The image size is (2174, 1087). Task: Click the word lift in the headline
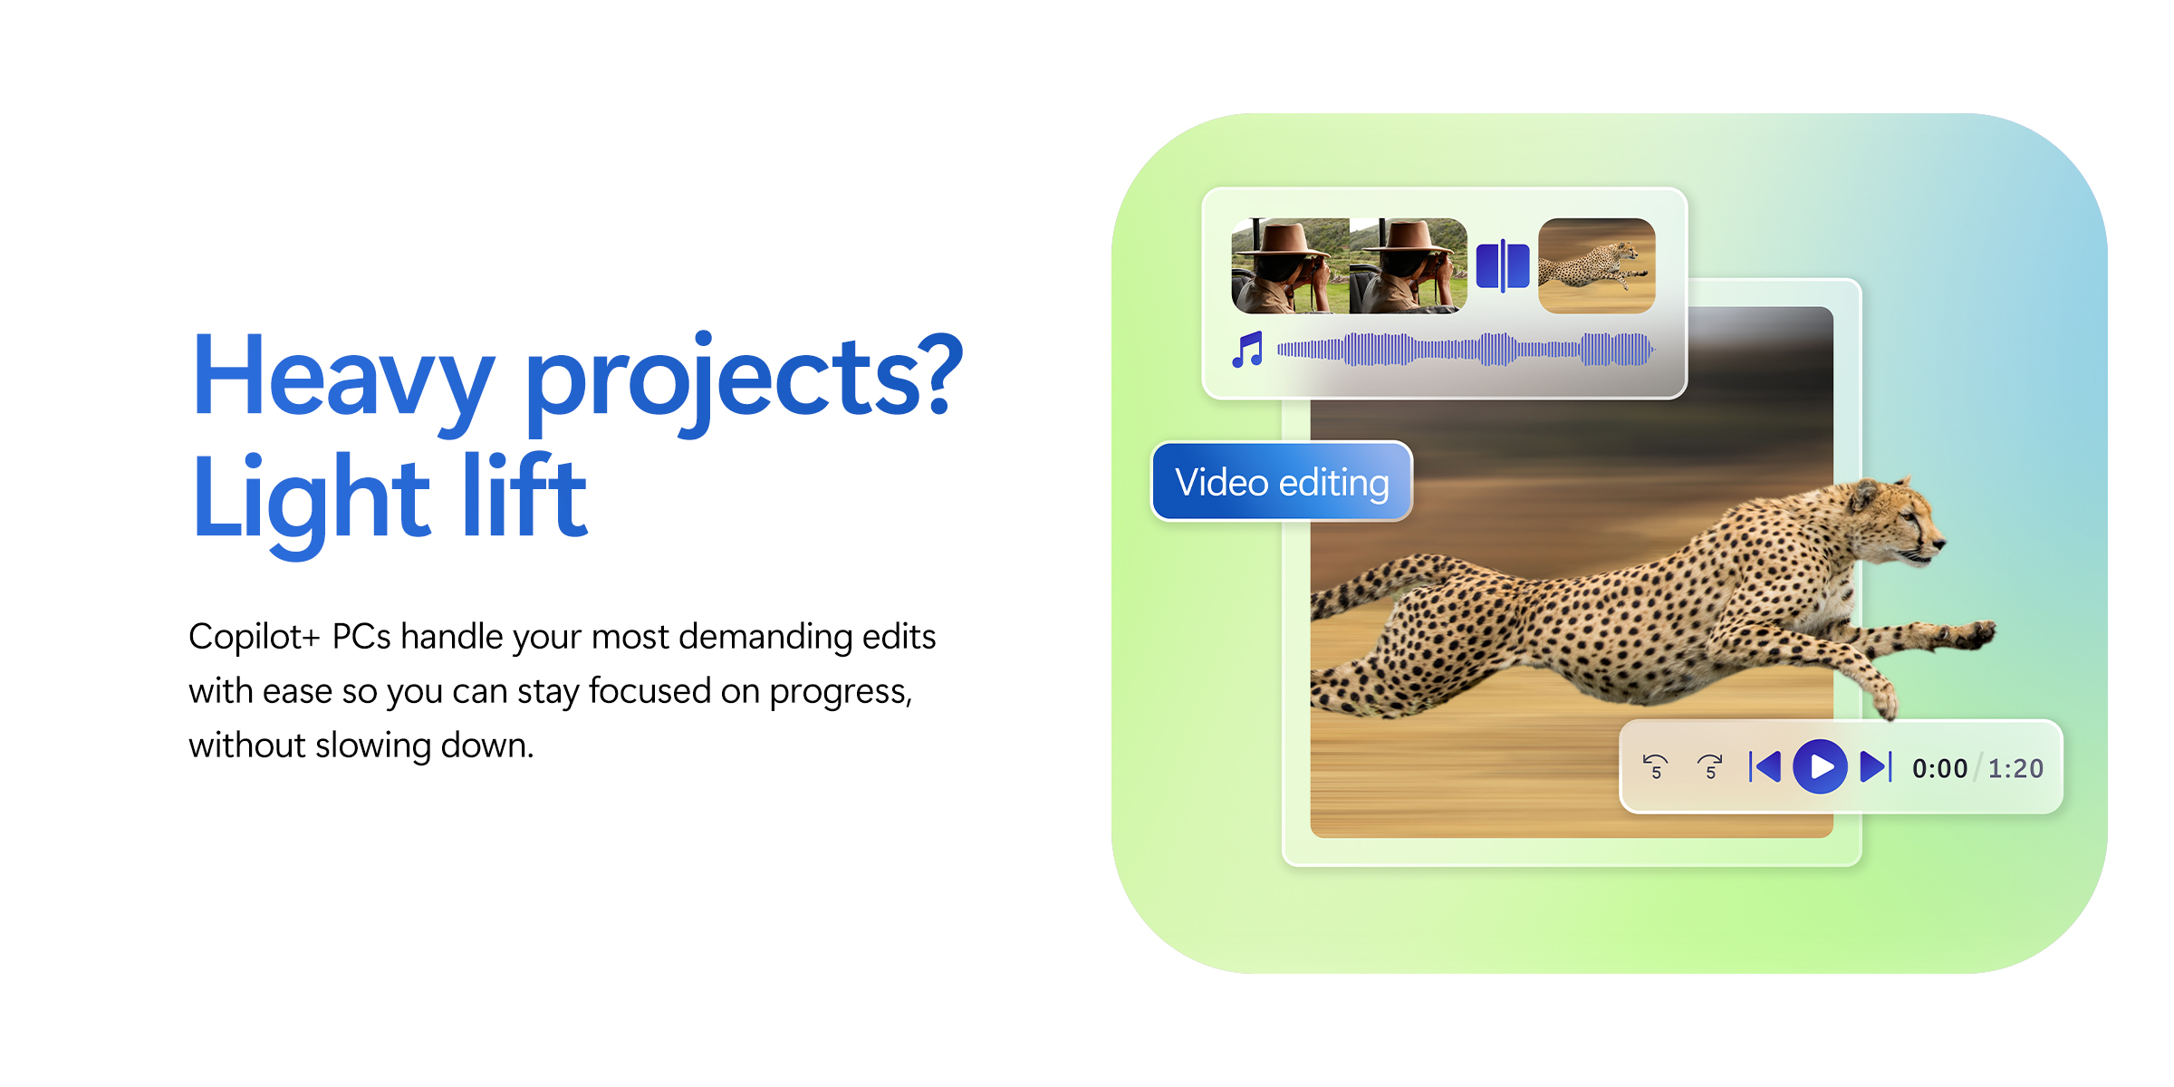pos(525,495)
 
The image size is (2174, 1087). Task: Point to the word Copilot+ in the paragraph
pos(255,636)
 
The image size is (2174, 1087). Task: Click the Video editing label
pos(1282,481)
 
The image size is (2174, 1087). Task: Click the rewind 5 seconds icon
pos(1656,767)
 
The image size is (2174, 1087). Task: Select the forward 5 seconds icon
pos(1710,767)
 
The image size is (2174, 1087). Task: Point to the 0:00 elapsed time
pos(1939,769)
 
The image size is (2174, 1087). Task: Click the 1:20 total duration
pos(2015,769)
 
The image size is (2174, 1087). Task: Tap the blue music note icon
pos(1248,350)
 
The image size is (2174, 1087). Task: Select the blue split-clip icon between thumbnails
pos(1503,266)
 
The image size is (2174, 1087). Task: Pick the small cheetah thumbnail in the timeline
pos(1597,266)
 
